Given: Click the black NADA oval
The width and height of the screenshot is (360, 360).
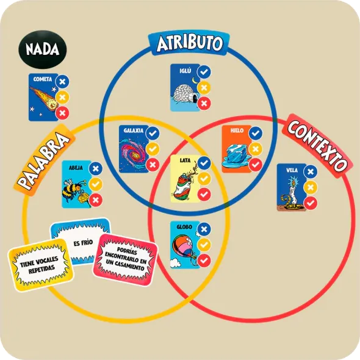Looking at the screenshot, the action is pos(43,49).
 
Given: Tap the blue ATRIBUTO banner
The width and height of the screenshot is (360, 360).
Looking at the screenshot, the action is pos(189,43).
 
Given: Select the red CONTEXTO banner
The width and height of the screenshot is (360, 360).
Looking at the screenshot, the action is pos(317,146).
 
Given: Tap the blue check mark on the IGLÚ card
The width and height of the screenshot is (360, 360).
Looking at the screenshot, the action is pos(204,72).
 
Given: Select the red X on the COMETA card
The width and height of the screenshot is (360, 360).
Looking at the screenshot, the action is pos(62,113).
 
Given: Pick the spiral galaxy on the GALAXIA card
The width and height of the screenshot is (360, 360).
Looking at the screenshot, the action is pos(133,152).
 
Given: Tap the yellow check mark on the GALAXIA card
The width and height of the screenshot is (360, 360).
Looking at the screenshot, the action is pos(153,149).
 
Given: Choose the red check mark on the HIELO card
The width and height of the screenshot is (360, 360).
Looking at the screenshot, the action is pos(255,164).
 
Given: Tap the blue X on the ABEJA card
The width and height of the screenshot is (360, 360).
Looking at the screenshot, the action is pos(96,168).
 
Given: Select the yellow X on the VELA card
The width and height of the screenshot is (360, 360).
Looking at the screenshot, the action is pos(311,187).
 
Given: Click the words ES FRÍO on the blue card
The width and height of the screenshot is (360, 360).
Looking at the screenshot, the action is pos(83,243).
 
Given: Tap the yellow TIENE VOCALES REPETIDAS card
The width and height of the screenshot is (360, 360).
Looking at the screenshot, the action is pos(41,265).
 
